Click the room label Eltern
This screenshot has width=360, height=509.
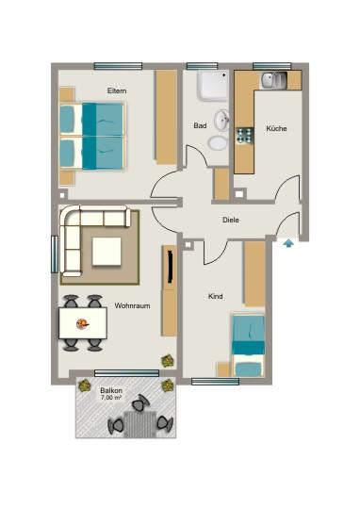[x=117, y=90]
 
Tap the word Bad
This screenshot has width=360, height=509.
[x=200, y=125]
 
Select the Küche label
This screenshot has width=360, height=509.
[x=276, y=128]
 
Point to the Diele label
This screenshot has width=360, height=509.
[x=230, y=220]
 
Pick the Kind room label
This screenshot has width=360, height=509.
[x=215, y=297]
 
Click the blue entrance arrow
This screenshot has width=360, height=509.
[x=286, y=244]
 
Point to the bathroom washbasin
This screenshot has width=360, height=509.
[x=222, y=121]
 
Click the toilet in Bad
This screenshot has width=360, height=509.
[x=218, y=142]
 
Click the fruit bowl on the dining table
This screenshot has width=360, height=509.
[x=83, y=323]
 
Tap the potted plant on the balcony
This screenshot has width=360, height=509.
[x=167, y=386]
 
